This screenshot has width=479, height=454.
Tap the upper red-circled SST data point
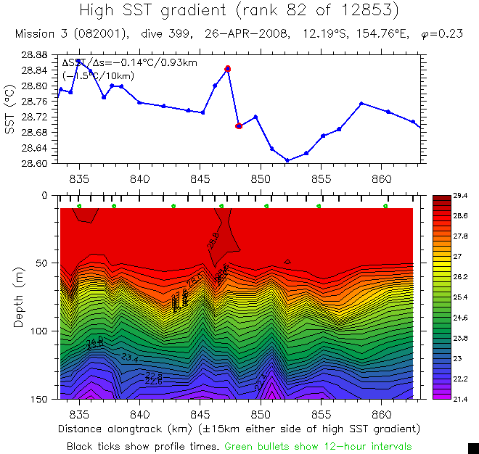(228, 69)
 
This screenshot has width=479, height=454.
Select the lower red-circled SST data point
(239, 126)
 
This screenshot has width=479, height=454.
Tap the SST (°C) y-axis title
(9, 109)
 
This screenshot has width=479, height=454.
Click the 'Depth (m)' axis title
(18, 297)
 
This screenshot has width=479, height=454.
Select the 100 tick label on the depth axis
(39, 331)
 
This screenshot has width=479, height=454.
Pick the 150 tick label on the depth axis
(39, 399)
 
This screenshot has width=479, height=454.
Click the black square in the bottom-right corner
(473, 447)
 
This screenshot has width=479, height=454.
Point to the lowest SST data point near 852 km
(287, 160)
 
